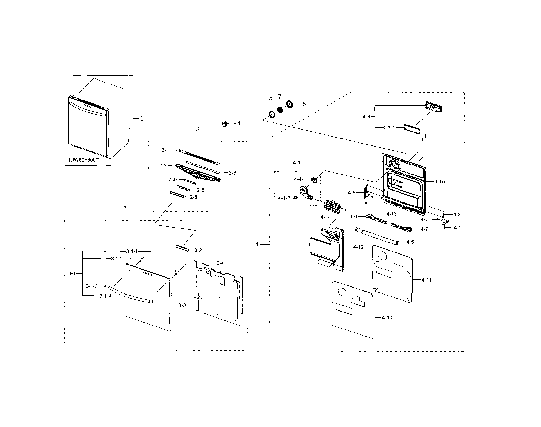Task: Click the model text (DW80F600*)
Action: [x=84, y=160]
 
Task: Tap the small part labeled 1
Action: [x=225, y=124]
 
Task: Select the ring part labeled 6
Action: [x=272, y=114]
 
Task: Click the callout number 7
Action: [x=280, y=97]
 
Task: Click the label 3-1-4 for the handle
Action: [x=105, y=296]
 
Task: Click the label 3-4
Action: [x=220, y=263]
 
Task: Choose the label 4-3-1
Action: [x=389, y=128]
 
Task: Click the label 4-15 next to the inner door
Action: [x=440, y=182]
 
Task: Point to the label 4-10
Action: [x=387, y=318]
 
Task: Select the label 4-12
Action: [x=358, y=247]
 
